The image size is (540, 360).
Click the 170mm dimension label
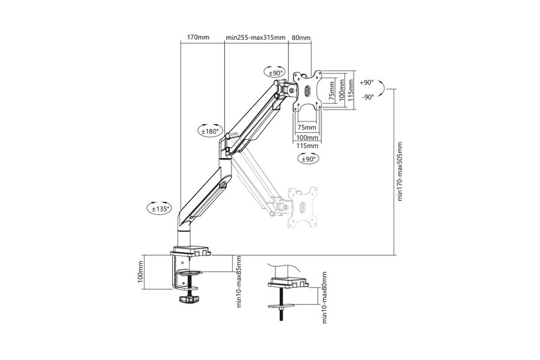point(198,38)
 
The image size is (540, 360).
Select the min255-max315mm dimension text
point(255,38)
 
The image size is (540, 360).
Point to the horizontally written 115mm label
point(307,146)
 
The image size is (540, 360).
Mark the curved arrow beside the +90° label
point(383,90)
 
